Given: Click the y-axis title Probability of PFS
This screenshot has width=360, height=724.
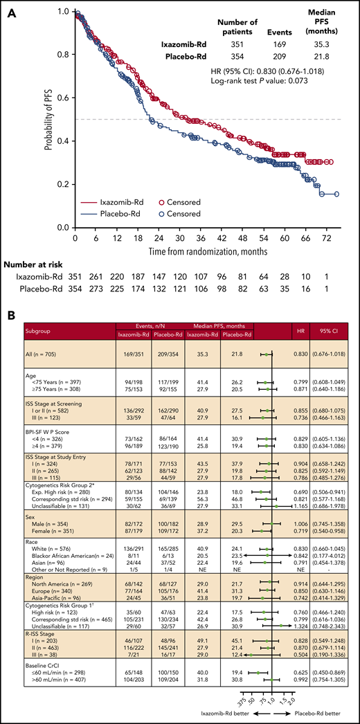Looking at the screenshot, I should pos(46,119).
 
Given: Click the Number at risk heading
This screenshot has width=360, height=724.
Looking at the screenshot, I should pos(35,266).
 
